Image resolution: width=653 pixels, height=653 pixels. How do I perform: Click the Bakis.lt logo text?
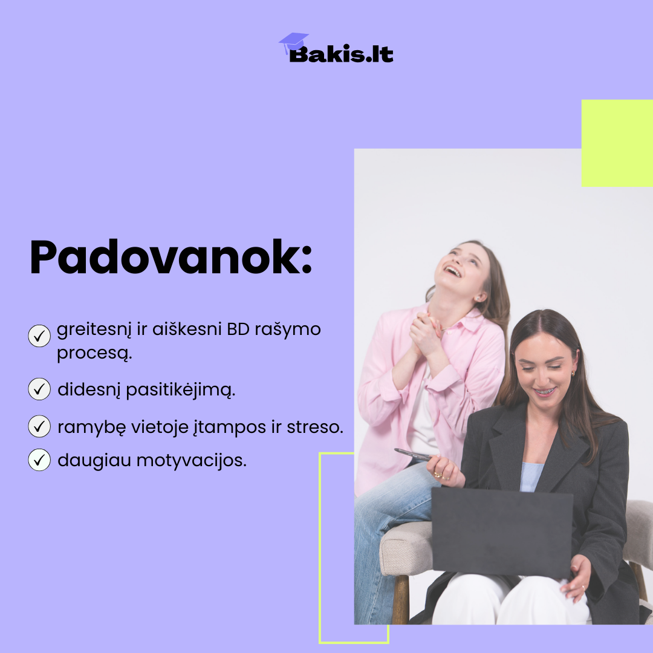coord(341,54)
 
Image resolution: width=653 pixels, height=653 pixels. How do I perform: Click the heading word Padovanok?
coord(171,257)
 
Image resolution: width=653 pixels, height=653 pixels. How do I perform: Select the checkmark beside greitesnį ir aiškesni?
coord(39,336)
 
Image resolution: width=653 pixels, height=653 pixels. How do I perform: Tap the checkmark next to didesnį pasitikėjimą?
coord(39,389)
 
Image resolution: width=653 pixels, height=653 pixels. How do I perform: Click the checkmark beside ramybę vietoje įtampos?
coord(39,426)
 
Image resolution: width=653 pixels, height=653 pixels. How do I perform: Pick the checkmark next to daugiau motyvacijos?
coord(39,460)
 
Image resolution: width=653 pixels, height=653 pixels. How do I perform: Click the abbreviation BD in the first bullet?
coord(238,329)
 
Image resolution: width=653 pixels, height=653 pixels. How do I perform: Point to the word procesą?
coord(94,354)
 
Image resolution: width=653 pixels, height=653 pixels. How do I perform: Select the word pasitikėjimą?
coord(180,390)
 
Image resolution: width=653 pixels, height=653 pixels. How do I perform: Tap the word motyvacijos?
coord(192,461)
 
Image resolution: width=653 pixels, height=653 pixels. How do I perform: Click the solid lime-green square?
coord(617,143)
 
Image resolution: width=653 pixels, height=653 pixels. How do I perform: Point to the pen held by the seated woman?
coord(412,454)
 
